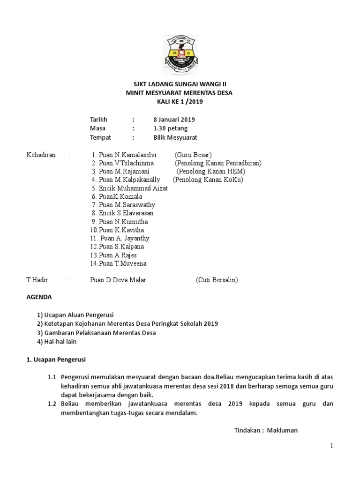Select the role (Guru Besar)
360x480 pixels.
point(193,155)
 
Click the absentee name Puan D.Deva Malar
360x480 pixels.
point(118,280)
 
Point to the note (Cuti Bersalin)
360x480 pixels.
point(217,280)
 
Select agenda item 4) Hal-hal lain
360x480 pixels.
point(56,342)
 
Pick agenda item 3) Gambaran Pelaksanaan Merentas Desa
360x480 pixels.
point(96,333)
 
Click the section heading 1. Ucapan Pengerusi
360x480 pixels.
point(56,360)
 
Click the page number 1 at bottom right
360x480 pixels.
point(331,446)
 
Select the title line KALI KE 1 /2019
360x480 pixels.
point(180,102)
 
